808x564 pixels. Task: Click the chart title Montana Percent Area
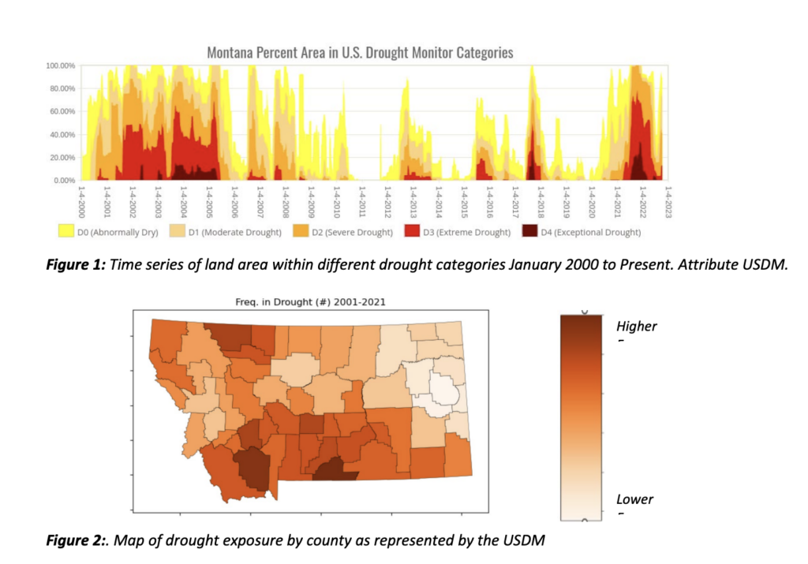[x=360, y=53]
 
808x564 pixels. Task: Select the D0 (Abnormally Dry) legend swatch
[x=66, y=231]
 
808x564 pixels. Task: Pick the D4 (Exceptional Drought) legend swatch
[x=529, y=231]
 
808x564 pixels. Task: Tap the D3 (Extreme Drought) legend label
[x=467, y=232]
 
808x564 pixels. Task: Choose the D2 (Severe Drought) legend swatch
[x=301, y=231]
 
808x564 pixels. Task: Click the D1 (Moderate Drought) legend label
[x=235, y=232]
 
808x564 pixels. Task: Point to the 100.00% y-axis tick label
[x=60, y=66]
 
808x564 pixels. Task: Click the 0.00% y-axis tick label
[x=65, y=181]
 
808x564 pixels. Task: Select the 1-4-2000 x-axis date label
[x=81, y=202]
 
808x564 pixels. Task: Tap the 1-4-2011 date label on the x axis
[x=362, y=202]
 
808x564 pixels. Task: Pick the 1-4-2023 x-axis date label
[x=668, y=202]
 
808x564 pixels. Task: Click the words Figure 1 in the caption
[x=76, y=265]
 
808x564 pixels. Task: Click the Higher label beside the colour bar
[x=637, y=327]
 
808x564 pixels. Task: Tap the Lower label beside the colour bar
[x=634, y=499]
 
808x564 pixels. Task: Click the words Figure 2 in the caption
[x=76, y=540]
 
